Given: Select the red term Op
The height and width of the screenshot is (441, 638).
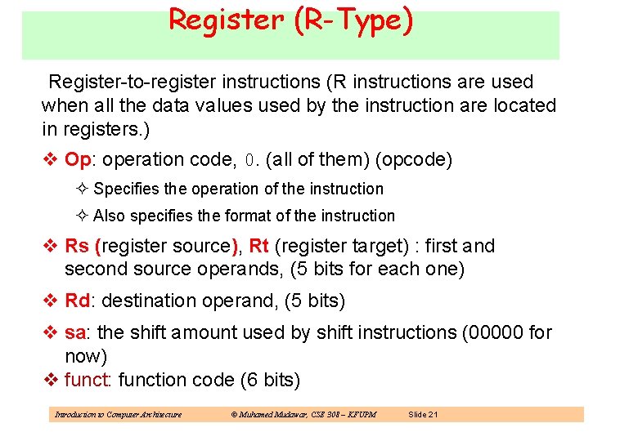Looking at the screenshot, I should (77, 159).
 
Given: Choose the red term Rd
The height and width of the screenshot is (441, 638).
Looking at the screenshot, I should (78, 301).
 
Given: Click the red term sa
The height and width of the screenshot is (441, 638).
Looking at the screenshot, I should (75, 333).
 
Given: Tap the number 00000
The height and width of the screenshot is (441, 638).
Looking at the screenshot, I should (497, 333).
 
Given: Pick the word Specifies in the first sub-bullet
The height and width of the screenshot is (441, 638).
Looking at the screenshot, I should (127, 189).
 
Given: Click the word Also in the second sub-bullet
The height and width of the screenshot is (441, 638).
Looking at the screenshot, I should (109, 216).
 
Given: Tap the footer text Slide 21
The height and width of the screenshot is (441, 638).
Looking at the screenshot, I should (423, 415).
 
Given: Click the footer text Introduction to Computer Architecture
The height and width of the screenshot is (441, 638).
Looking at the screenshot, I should (118, 415).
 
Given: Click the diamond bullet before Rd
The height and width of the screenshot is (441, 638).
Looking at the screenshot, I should (48, 301).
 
